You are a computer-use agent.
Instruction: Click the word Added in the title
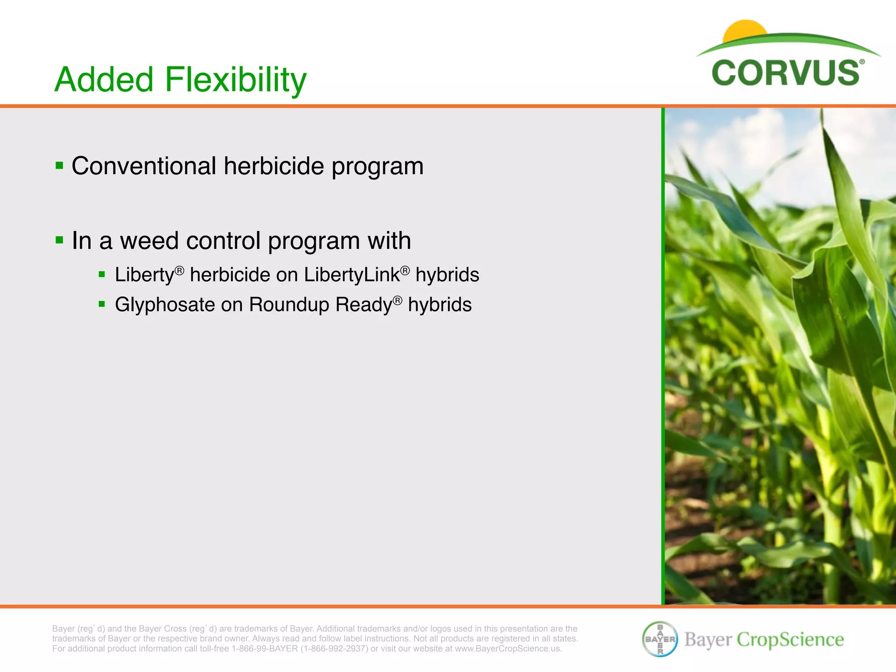(x=104, y=80)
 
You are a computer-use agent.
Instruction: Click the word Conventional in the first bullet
(x=144, y=166)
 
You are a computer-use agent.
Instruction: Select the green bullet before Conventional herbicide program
(x=59, y=166)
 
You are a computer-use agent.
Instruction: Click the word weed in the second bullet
(x=149, y=241)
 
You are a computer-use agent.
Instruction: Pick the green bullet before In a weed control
(x=59, y=240)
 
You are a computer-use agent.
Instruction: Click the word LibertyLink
(x=352, y=275)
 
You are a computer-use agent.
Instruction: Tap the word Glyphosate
(x=164, y=304)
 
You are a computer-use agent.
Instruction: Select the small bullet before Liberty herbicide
(x=102, y=275)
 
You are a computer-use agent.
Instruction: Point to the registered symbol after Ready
(x=397, y=300)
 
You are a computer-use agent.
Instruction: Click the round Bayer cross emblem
(x=660, y=639)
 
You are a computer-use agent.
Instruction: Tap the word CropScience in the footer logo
(x=790, y=640)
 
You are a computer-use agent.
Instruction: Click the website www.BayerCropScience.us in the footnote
(x=507, y=649)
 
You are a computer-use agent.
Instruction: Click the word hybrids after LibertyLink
(x=447, y=275)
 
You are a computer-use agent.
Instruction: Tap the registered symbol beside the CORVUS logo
(x=862, y=62)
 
